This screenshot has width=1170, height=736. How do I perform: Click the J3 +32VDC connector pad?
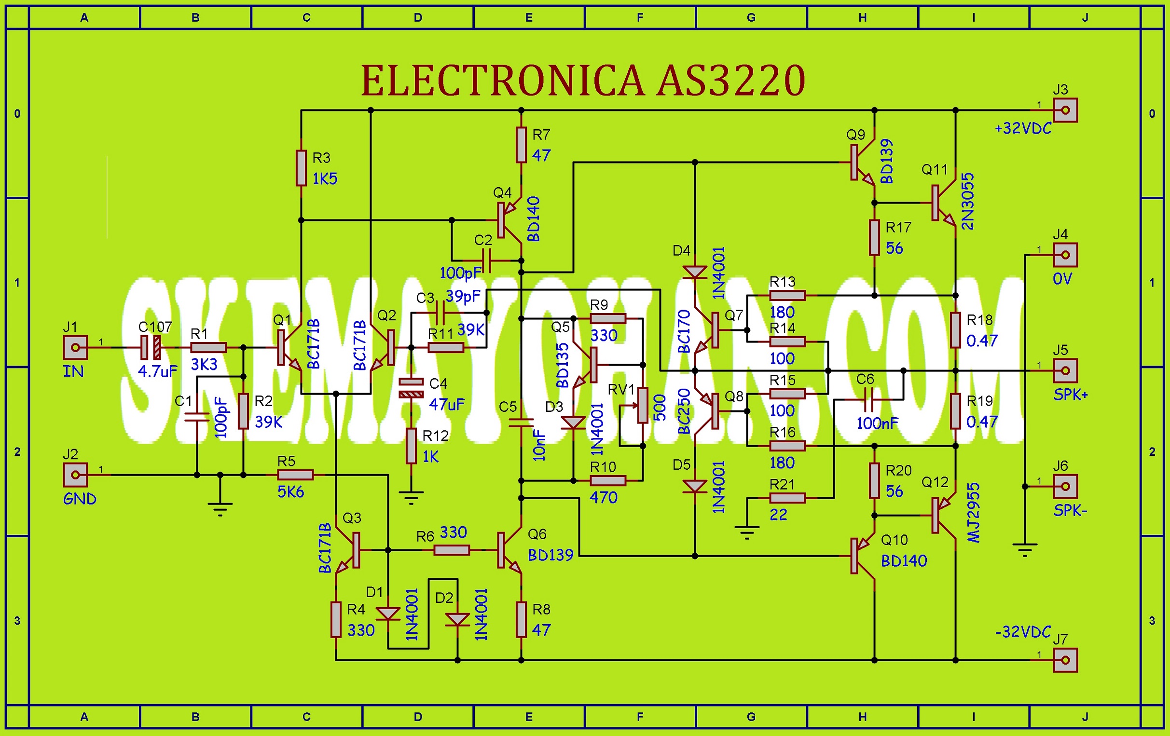tap(1065, 110)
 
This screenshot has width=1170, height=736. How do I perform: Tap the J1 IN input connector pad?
tap(75, 348)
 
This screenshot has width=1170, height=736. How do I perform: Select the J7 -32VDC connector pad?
tap(1065, 660)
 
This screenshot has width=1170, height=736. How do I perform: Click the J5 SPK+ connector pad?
tap(1065, 371)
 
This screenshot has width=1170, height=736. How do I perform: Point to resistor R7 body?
tap(522, 145)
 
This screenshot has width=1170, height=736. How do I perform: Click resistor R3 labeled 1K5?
tap(301, 168)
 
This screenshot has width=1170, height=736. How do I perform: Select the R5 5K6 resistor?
tap(295, 475)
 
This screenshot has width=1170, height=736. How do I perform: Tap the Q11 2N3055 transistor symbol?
tap(941, 203)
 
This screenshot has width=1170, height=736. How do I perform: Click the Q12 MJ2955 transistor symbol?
tap(941, 516)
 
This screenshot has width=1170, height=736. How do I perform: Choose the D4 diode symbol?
tap(695, 272)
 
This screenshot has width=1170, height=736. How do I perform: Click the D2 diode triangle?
tap(457, 620)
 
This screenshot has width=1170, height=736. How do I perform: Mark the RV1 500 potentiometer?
tap(643, 405)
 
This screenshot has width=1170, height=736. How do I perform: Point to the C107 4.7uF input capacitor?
tap(151, 348)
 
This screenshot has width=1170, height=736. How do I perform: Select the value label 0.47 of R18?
tap(982, 341)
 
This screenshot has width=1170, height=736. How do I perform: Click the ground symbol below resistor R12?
tap(411, 497)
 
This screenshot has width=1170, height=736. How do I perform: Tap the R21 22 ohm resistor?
tap(787, 498)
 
